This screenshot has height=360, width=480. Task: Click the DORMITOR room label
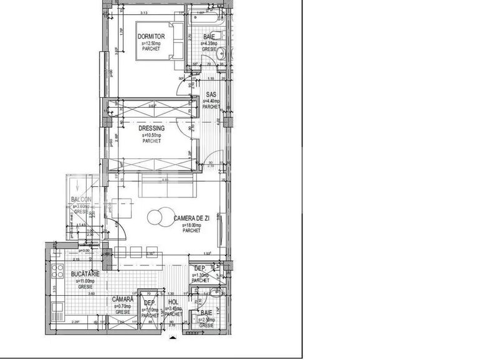(151, 37)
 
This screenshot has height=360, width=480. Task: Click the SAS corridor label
(212, 94)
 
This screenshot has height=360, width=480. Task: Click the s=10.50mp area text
(151, 135)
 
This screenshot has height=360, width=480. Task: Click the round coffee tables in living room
(160, 217)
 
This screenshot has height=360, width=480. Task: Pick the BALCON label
(81, 200)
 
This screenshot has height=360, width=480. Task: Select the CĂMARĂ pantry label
(123, 300)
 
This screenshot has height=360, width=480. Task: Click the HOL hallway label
(173, 302)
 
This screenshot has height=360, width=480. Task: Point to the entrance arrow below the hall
(173, 338)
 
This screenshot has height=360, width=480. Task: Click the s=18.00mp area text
(191, 225)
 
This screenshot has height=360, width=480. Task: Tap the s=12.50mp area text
(151, 43)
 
